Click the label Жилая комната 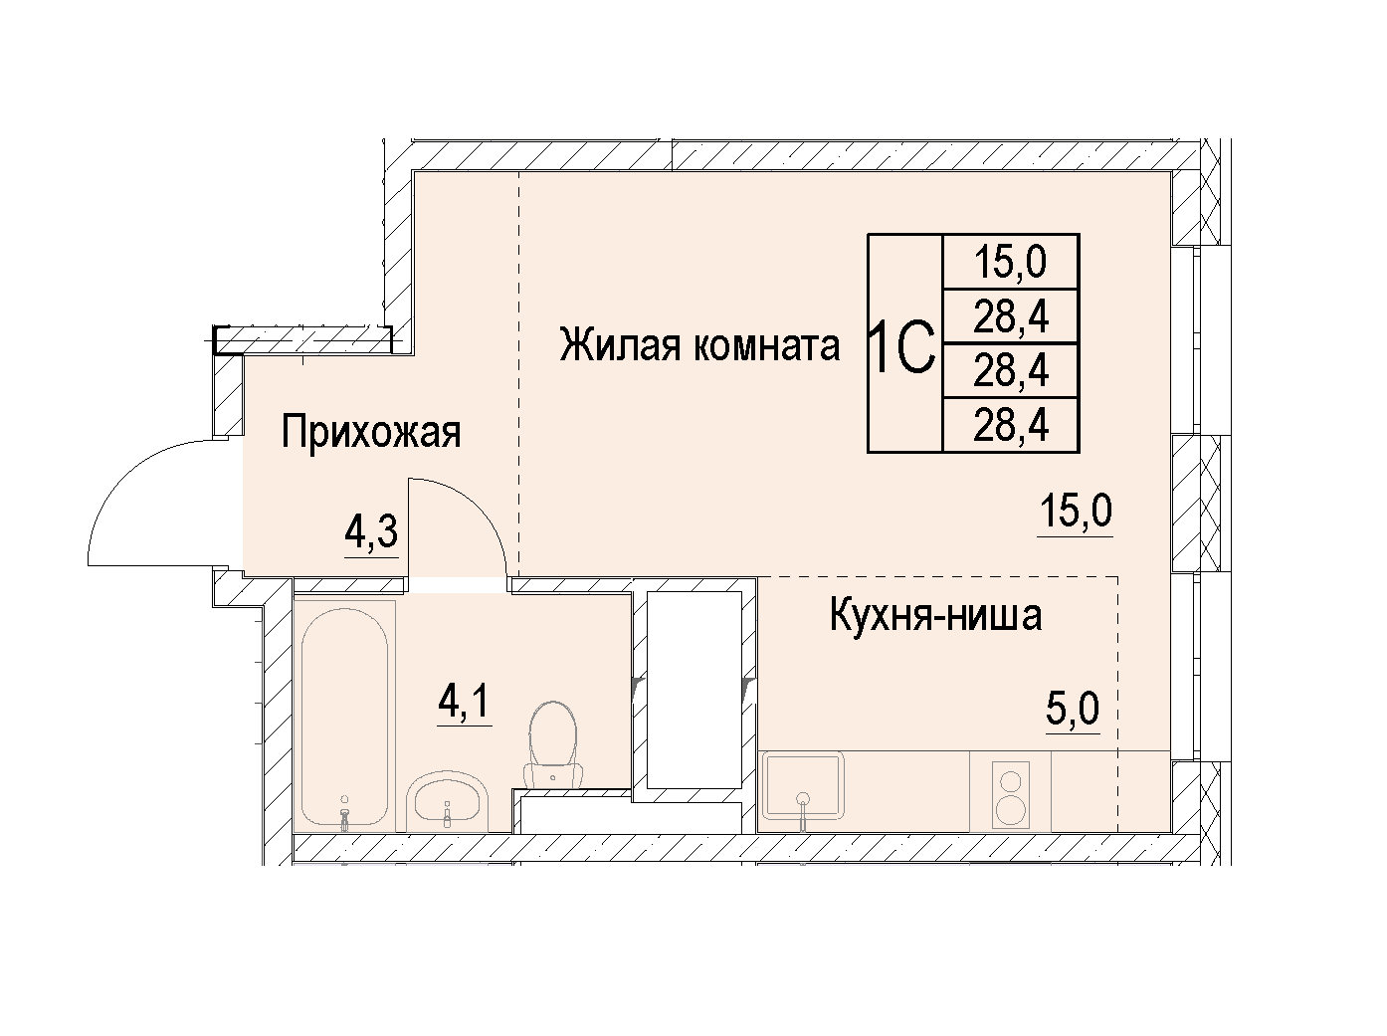(x=699, y=346)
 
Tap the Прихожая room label (x=371, y=433)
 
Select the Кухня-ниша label (x=935, y=616)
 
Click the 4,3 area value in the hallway (x=371, y=531)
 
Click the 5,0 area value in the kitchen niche (x=1073, y=710)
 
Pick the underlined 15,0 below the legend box (x=1075, y=512)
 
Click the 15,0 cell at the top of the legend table (x=1010, y=262)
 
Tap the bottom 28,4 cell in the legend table (x=1011, y=425)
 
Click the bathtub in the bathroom (x=344, y=717)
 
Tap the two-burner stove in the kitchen (x=1010, y=794)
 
